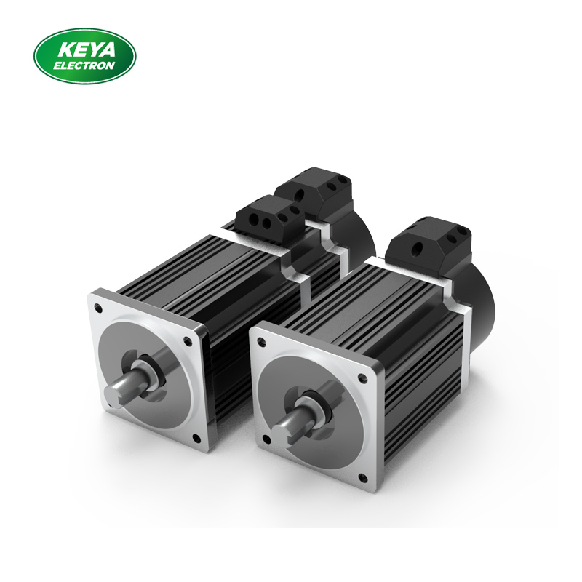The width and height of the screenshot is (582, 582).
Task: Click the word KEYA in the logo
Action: tap(84, 49)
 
